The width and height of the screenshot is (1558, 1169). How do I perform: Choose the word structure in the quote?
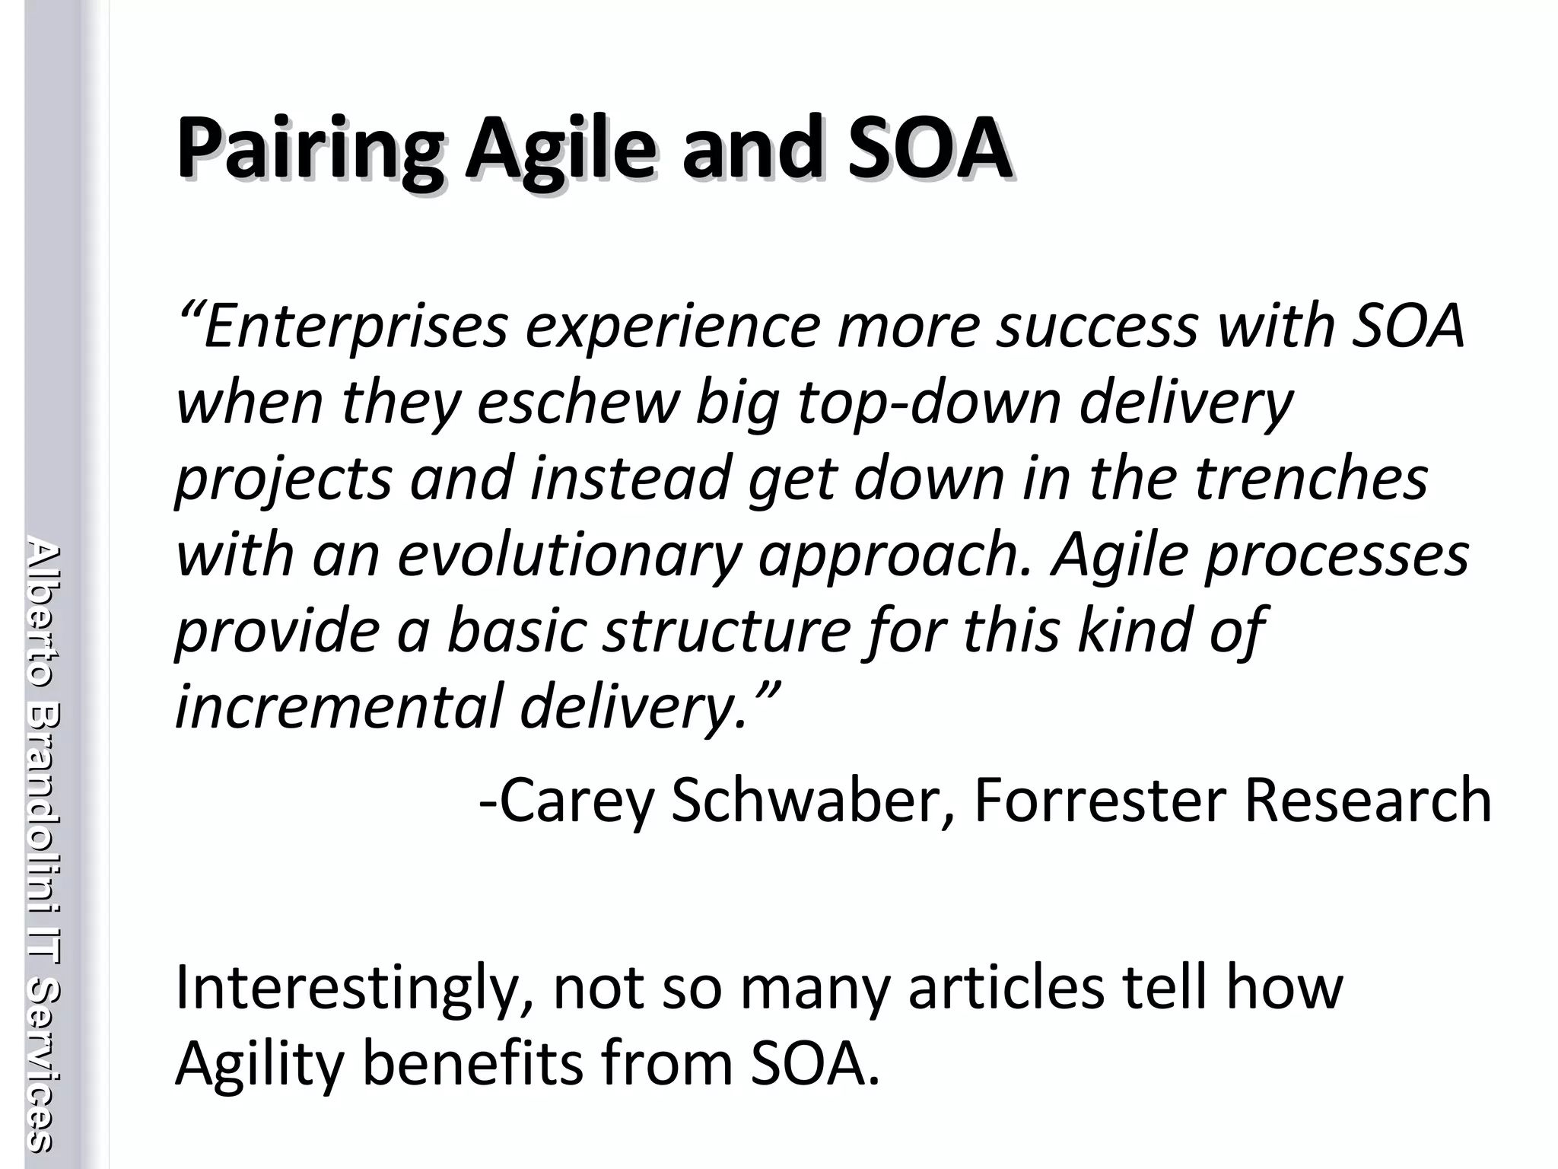[727, 631]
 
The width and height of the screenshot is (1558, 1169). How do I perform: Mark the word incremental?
[338, 706]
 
